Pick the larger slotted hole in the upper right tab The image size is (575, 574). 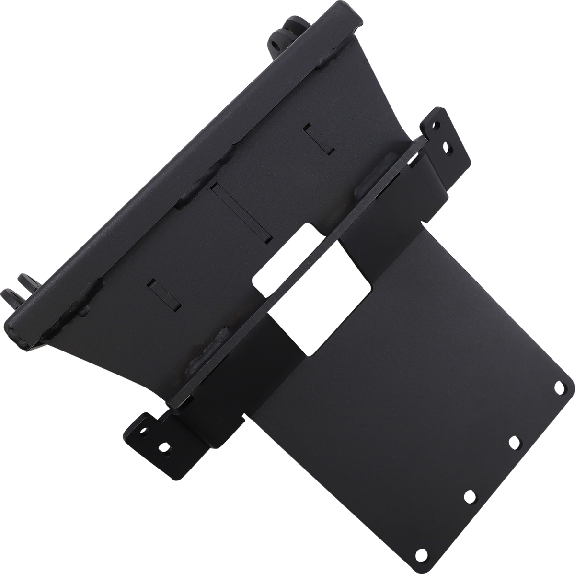click(x=447, y=145)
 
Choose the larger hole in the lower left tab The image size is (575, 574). click(x=164, y=448)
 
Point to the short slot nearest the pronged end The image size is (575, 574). click(x=164, y=294)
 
